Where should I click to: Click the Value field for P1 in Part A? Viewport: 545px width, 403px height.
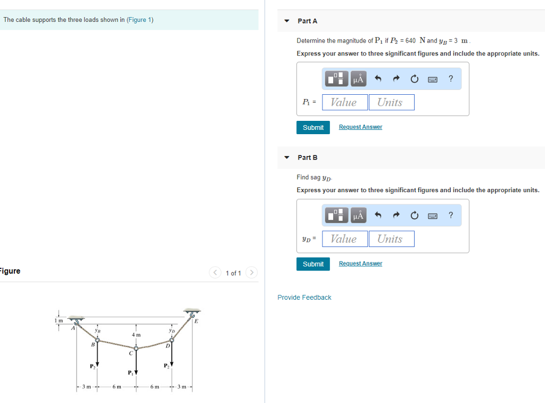point(344,102)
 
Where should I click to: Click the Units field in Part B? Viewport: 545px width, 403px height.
point(391,239)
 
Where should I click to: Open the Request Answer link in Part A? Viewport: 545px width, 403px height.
point(360,127)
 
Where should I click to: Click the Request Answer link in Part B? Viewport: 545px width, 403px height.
point(360,264)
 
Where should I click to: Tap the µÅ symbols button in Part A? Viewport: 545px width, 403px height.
point(358,79)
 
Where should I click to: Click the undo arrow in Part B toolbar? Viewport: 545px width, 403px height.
point(378,216)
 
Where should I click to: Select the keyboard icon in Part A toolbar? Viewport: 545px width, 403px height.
point(432,79)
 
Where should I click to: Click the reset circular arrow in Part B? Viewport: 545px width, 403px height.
point(414,216)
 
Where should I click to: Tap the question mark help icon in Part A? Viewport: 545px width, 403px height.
point(451,79)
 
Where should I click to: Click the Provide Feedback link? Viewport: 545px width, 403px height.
point(304,298)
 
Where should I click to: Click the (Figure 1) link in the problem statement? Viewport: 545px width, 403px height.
point(140,20)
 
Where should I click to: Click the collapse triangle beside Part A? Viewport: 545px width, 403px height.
point(287,21)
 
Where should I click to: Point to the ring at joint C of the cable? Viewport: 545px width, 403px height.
point(136,348)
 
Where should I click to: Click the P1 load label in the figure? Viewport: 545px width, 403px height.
point(129,372)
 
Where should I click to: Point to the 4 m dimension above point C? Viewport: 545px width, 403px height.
point(136,335)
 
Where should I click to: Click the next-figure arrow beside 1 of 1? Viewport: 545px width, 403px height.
point(251,273)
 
